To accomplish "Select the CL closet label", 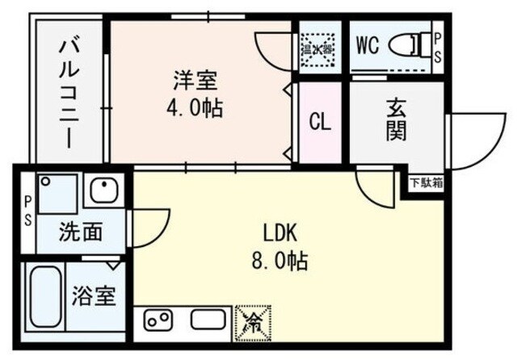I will click(320, 123).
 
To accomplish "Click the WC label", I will click(368, 45).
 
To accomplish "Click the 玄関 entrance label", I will click(396, 118).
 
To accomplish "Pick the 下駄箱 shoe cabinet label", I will click(426, 182).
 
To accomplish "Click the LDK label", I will click(281, 233).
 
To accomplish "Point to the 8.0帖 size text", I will click(281, 261).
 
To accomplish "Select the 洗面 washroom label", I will click(80, 232).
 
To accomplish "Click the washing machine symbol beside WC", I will click(317, 48).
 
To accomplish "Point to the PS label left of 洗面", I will click(27, 210).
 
